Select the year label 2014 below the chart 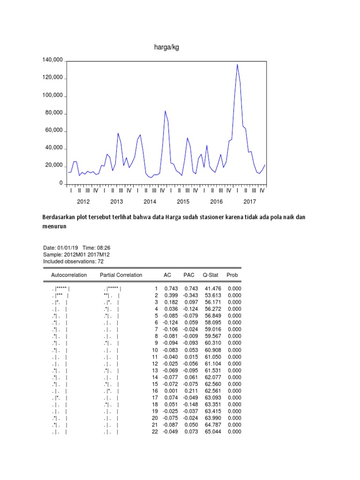tap(150, 202)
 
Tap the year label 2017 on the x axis tap(250, 202)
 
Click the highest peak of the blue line tap(237, 64)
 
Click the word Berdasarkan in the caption tap(60, 217)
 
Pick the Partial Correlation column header tap(121, 275)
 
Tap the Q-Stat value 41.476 tap(210, 289)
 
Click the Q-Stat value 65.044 tap(210, 431)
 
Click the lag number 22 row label tap(155, 431)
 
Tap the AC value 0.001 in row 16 tap(170, 390)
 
